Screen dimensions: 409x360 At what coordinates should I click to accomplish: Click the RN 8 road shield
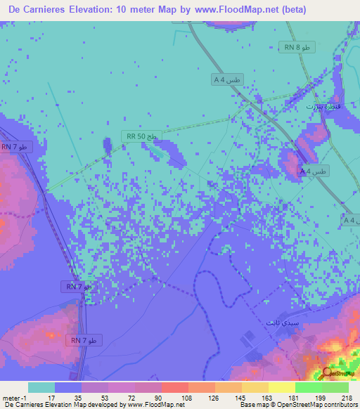pyautogui.click(x=298, y=47)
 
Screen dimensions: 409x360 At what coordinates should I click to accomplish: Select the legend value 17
pyautogui.click(x=56, y=398)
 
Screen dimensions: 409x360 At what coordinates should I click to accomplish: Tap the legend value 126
pyautogui.click(x=215, y=398)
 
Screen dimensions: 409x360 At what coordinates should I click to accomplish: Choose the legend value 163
pyautogui.click(x=269, y=398)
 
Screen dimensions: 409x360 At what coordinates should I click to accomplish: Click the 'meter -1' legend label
pyautogui.click(x=15, y=398)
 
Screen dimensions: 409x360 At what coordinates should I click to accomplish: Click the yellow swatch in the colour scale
pyautogui.click(x=281, y=387)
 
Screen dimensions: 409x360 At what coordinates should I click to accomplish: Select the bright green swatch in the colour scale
pyautogui.click(x=308, y=387)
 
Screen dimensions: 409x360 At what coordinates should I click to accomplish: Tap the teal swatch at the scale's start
pyautogui.click(x=41, y=387)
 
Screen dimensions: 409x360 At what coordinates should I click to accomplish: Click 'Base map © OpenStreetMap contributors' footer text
pyautogui.click(x=297, y=405)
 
